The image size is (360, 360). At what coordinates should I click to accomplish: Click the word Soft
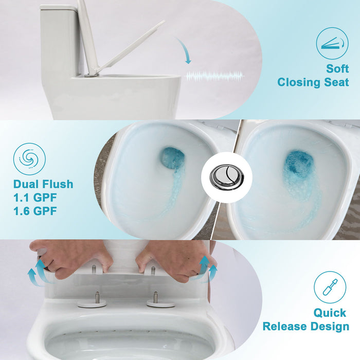337,68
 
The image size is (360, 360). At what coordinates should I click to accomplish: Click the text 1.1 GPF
35,197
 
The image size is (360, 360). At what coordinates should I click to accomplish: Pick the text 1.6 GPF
35,211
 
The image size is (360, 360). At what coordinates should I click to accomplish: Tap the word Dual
27,184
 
